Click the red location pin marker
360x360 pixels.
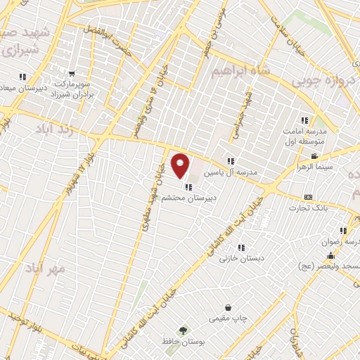click(181, 166)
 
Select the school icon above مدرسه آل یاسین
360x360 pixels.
click(230, 161)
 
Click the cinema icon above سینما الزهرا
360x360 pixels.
click(314, 155)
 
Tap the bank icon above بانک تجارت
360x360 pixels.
click(308, 197)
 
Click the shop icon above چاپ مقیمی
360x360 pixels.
click(229, 307)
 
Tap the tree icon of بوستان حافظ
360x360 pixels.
click(184, 330)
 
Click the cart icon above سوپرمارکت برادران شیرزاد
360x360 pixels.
click(72, 73)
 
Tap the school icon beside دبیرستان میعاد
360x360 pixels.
click(22, 76)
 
